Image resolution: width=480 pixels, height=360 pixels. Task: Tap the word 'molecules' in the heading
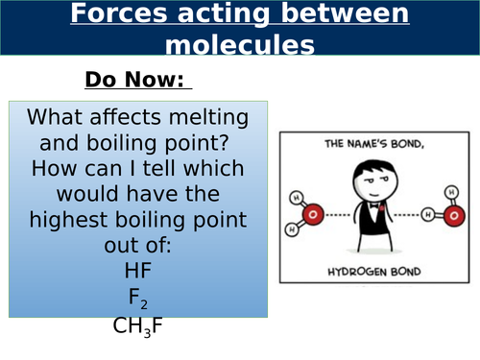tap(240, 44)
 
